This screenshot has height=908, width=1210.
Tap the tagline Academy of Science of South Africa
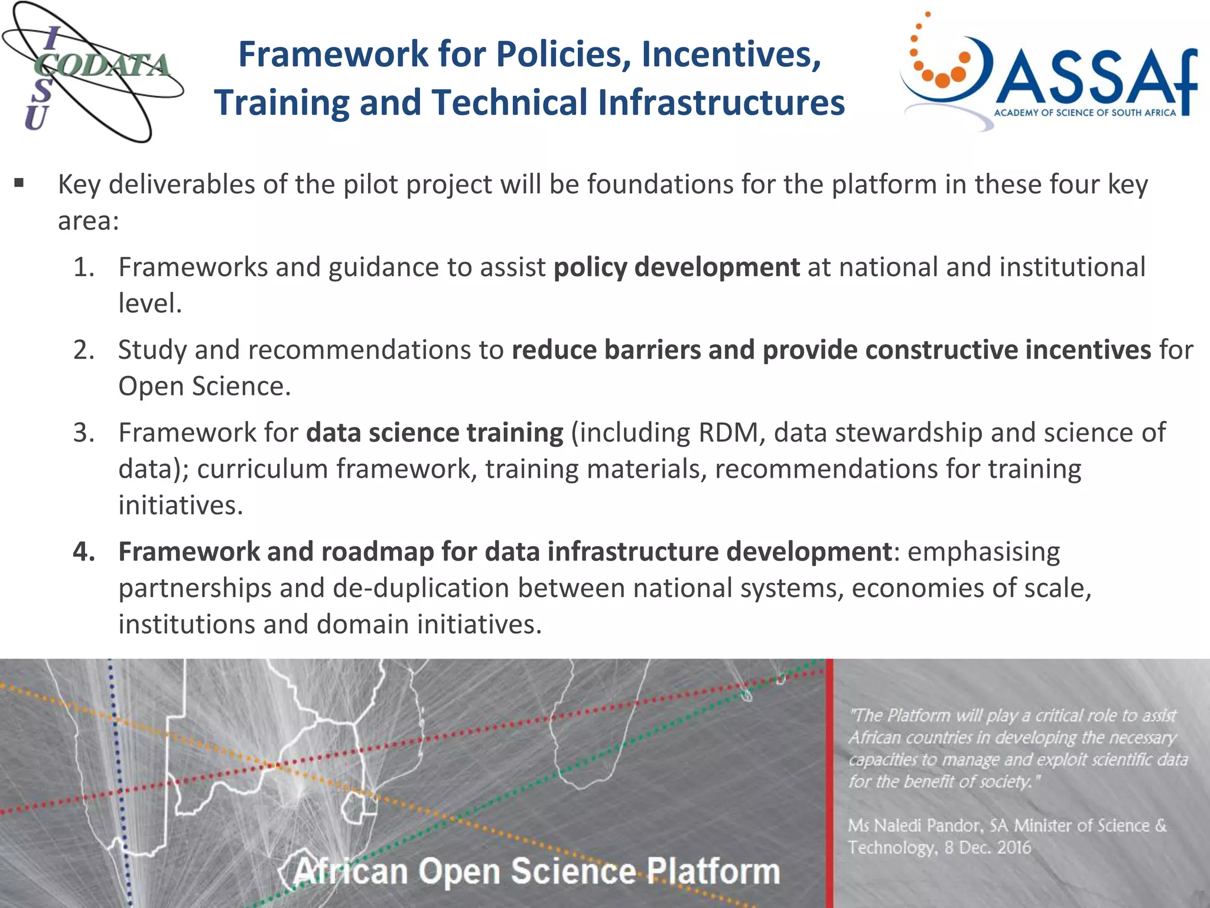coord(1085,113)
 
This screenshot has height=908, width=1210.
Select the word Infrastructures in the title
coord(721,103)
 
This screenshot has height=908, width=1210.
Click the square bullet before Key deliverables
coord(19,183)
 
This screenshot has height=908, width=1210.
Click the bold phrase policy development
coord(676,267)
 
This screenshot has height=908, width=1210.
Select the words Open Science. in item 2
coord(204,387)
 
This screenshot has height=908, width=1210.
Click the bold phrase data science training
coord(435,433)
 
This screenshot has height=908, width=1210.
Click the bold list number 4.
coord(84,552)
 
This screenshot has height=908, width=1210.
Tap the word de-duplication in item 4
coord(421,588)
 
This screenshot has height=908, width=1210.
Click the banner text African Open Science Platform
coord(536,871)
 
